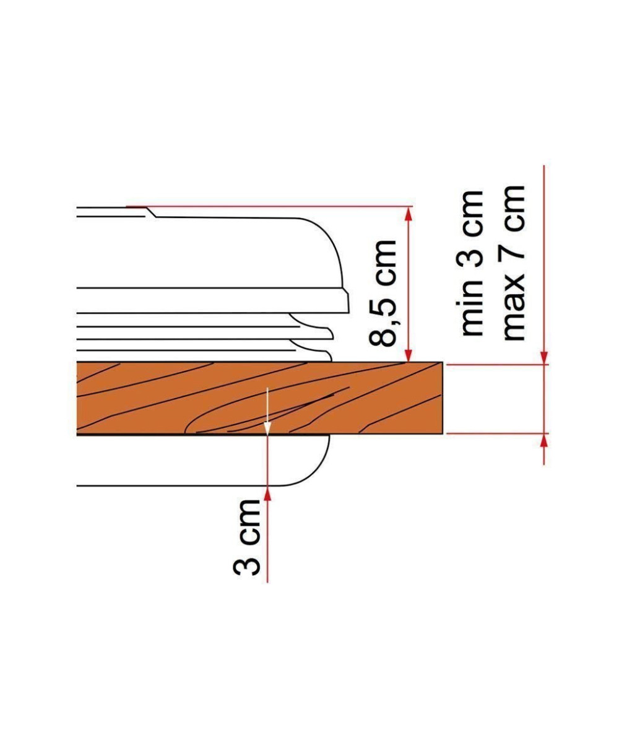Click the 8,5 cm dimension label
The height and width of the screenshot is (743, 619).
coord(383,293)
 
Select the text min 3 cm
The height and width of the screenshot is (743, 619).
coord(472,263)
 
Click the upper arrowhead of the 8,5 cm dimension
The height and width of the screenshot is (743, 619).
coord(408,215)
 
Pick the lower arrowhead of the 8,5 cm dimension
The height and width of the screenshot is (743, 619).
coord(408,354)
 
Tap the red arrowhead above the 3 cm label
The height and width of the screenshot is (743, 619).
coord(267,493)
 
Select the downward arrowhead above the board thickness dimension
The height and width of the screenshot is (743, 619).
coord(543,357)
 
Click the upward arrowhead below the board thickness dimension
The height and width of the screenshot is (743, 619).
coord(543,441)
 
